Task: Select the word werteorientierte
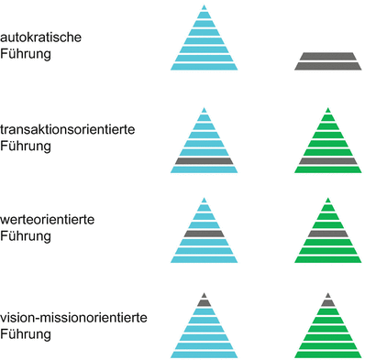click(x=54, y=221)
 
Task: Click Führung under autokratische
click(x=27, y=55)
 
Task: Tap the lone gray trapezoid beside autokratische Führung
click(x=328, y=61)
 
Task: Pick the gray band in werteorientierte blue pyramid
click(x=204, y=234)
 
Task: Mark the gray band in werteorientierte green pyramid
click(x=328, y=234)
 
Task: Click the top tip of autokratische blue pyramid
click(x=204, y=10)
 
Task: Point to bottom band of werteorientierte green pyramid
click(x=328, y=259)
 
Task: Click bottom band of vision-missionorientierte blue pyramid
click(x=204, y=352)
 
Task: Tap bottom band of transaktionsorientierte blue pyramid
click(x=204, y=169)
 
